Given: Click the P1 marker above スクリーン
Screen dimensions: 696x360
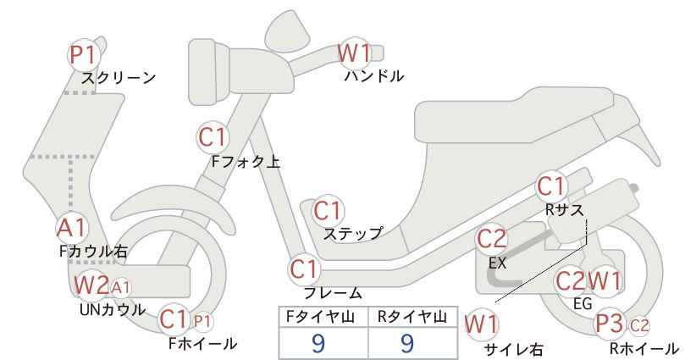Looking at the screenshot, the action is click(84, 55).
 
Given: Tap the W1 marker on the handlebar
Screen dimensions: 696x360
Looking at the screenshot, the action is click(354, 53).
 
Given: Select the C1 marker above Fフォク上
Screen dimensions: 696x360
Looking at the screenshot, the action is click(213, 137).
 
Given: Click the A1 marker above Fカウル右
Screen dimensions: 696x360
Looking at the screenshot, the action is click(72, 228).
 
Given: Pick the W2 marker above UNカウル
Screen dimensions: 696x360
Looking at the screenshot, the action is click(91, 285).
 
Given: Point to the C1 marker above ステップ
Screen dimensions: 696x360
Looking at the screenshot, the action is click(328, 211).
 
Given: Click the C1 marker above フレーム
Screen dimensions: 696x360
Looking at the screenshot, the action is click(305, 269).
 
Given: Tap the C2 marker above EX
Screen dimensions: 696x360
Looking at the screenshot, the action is click(491, 239).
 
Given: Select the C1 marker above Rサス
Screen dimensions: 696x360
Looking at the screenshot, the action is click(552, 186).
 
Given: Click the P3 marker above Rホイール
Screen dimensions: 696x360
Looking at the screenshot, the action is click(609, 324).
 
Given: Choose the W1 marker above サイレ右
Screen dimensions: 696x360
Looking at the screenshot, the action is click(481, 325).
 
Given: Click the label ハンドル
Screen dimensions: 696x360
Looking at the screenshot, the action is click(374, 76).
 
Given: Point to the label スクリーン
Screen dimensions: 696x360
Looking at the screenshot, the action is click(119, 78).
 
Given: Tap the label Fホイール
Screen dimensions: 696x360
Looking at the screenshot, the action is click(202, 344).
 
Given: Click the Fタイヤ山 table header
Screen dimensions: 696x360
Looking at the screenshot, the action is click(320, 317).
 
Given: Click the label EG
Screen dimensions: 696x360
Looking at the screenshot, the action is click(583, 304).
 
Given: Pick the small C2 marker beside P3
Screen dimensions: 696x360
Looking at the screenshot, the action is click(639, 326).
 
